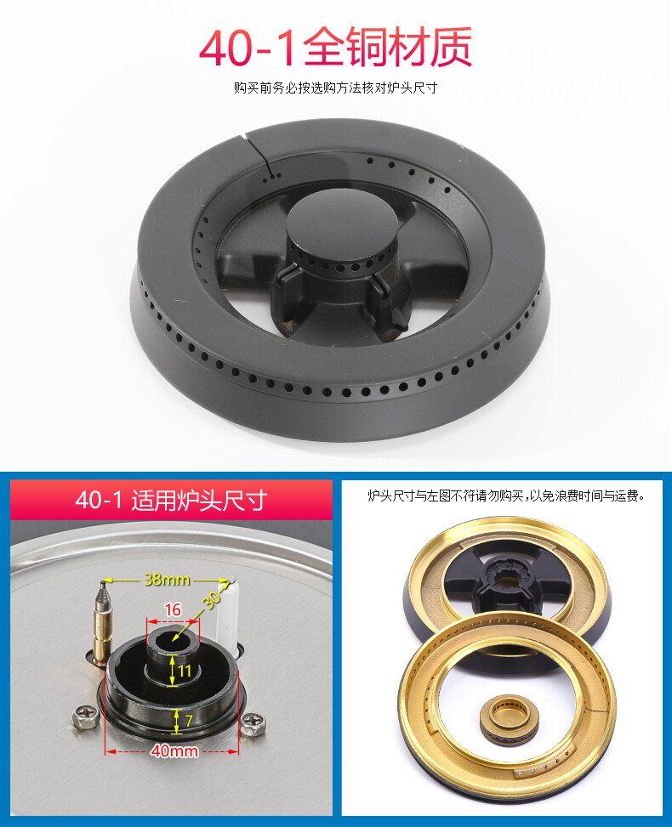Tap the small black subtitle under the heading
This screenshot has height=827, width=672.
click(335, 88)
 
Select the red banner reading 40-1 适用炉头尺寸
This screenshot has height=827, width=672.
click(170, 500)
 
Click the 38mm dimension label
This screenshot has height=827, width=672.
click(165, 580)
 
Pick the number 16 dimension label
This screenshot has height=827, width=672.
click(173, 609)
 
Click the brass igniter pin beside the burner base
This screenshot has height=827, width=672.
click(103, 625)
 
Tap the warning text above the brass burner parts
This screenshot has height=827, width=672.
click(505, 495)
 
